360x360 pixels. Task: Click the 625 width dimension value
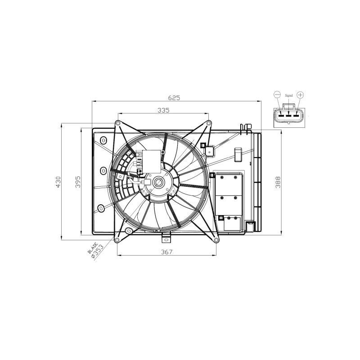174,98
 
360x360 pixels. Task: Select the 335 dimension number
163,110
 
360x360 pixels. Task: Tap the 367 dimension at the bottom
166,252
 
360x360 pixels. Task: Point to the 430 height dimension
58,182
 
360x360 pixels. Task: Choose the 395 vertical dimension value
78,182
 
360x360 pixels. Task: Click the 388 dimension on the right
278,182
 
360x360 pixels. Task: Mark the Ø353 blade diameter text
97,252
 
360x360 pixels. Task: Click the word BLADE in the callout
93,248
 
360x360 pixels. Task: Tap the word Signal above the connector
289,95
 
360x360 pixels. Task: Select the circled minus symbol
277,94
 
